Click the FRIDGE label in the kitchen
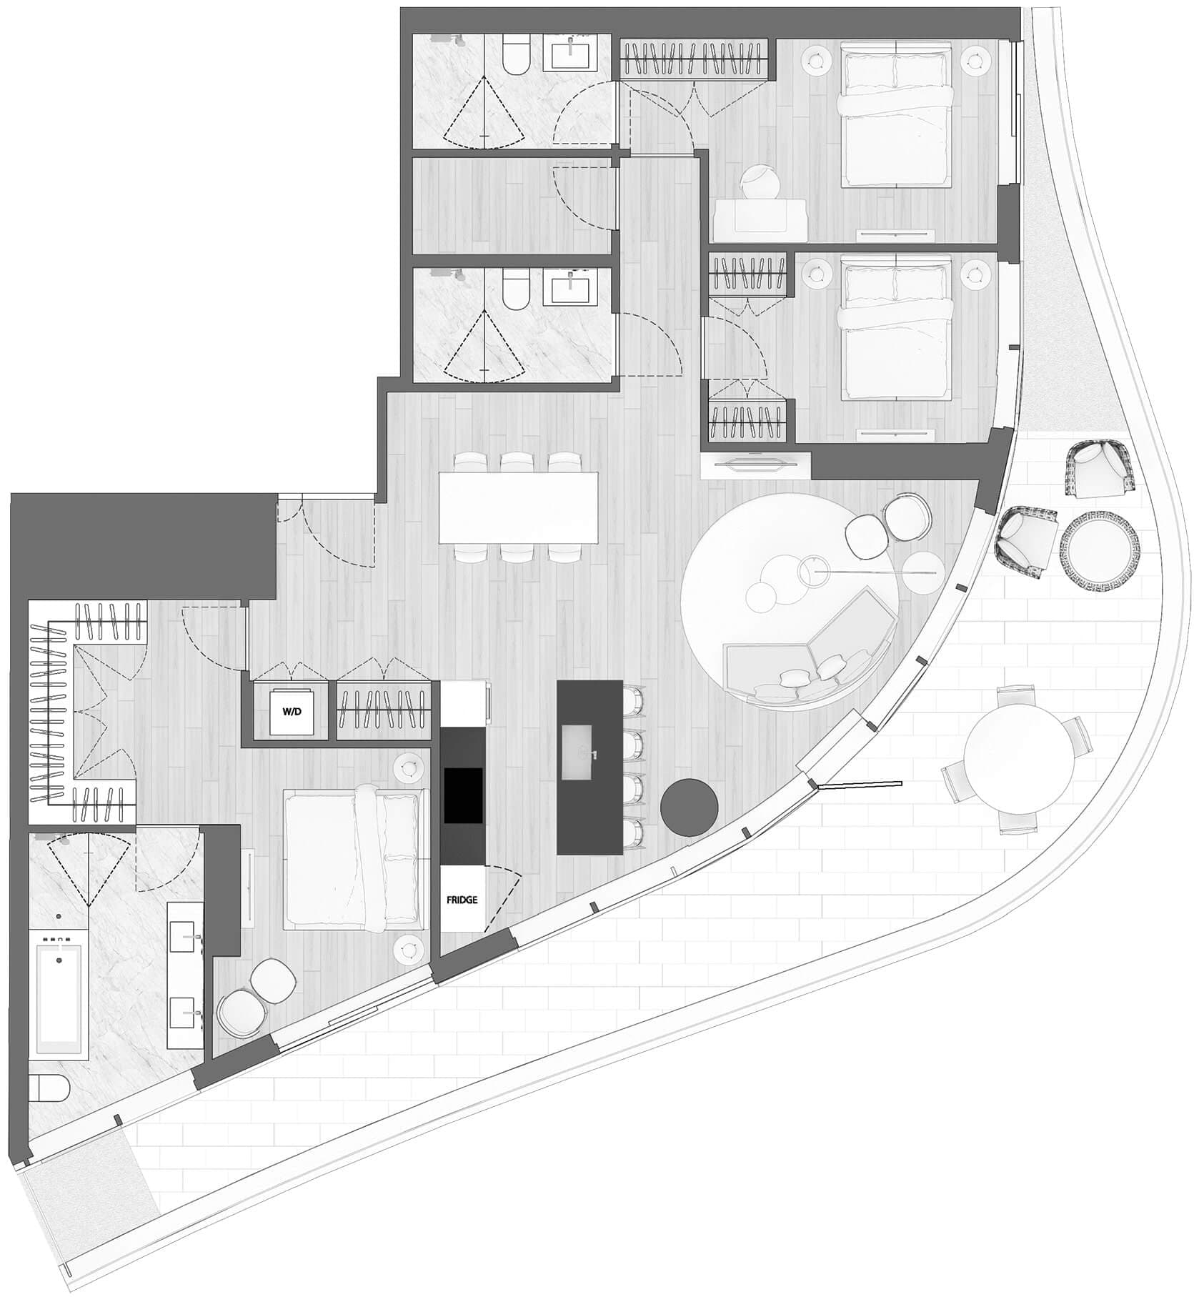click(462, 900)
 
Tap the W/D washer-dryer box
click(292, 712)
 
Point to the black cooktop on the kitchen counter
click(463, 795)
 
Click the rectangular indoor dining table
click(518, 508)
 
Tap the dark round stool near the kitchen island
click(689, 807)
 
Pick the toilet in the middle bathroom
click(514, 287)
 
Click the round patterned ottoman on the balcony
click(1100, 549)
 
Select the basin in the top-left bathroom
click(572, 54)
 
